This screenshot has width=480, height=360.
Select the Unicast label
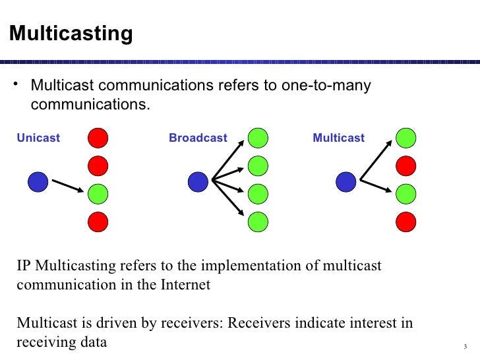click(38, 138)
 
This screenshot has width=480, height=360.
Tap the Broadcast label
click(198, 138)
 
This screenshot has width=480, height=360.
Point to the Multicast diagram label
click(338, 138)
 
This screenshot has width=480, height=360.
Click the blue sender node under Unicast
click(38, 182)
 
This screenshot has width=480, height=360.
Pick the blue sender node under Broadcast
click(198, 182)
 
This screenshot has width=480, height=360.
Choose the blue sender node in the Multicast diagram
click(346, 182)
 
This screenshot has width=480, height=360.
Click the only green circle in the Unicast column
click(98, 194)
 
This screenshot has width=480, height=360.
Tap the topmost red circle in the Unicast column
click(98, 138)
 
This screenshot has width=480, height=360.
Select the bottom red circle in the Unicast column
click(98, 222)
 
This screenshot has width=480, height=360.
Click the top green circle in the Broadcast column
click(258, 138)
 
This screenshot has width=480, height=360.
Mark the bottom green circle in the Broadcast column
click(258, 222)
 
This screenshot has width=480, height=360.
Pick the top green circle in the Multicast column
click(406, 138)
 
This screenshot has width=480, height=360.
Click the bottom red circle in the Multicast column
click(406, 222)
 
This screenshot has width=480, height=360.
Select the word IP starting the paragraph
click(24, 266)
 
